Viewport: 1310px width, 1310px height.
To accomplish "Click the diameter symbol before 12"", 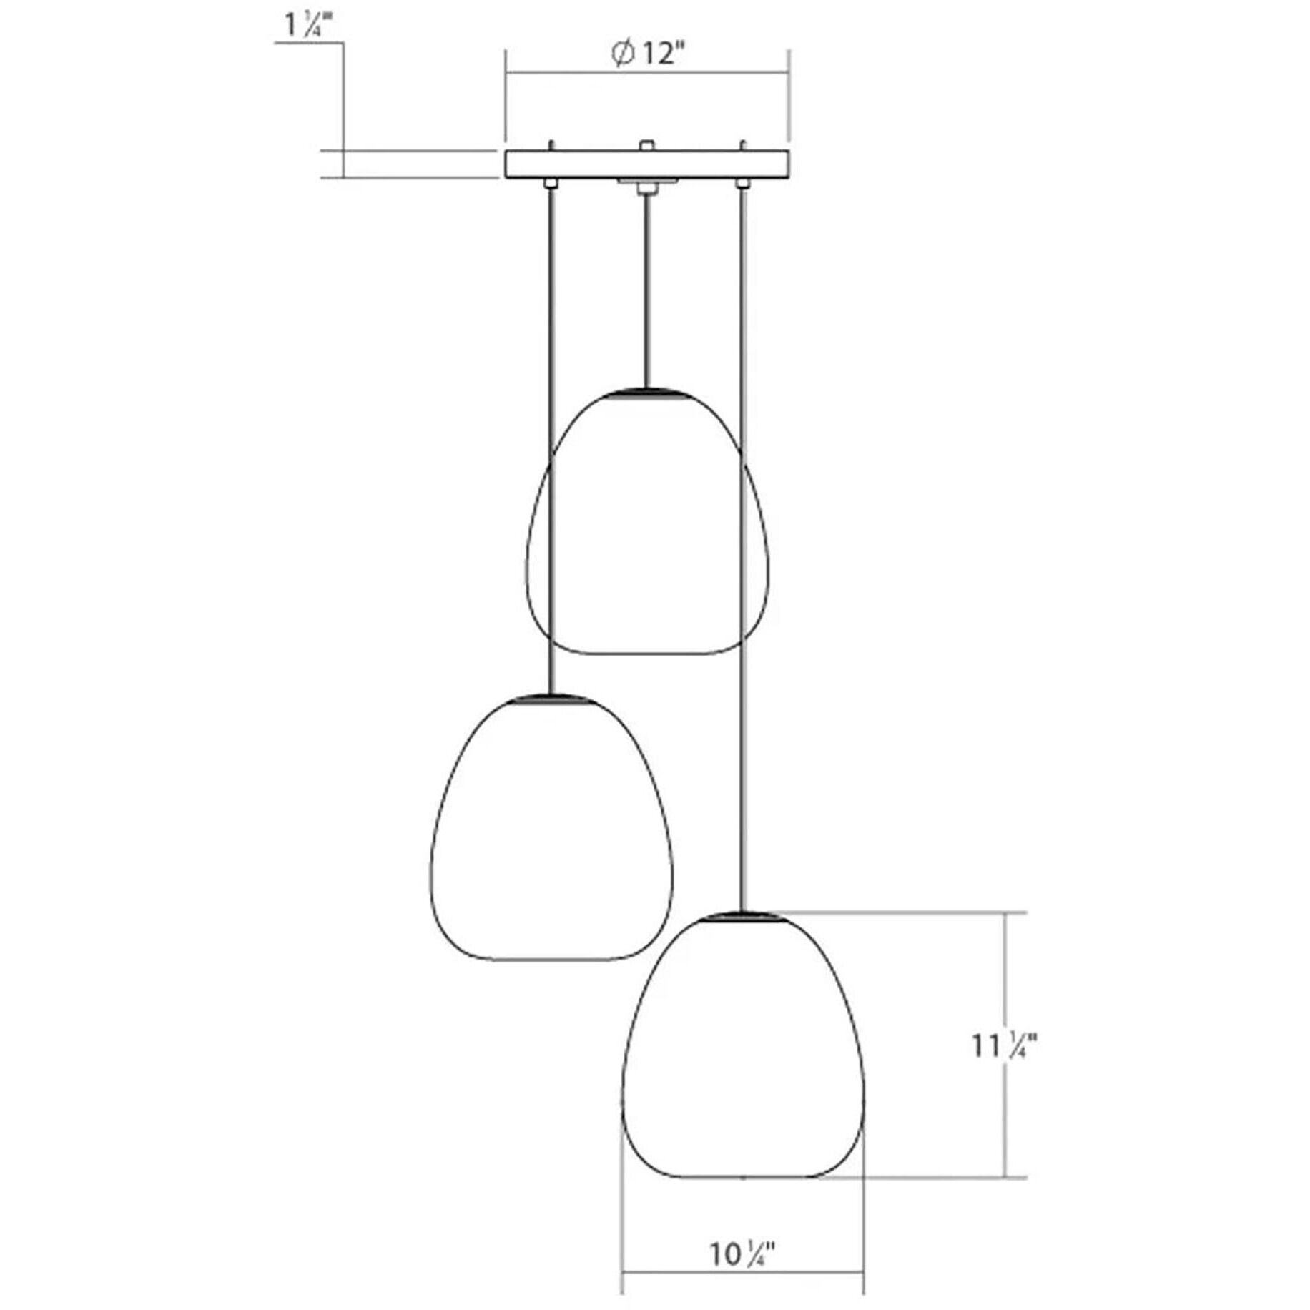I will pos(623,54).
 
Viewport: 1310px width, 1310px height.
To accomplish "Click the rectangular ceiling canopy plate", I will pos(647,164).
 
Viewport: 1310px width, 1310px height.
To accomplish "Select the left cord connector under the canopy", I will pos(550,184).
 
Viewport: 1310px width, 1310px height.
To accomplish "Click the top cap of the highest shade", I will pos(647,392).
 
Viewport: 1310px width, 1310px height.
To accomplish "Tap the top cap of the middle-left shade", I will pos(550,697).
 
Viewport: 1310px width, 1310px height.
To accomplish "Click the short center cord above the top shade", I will pos(647,286).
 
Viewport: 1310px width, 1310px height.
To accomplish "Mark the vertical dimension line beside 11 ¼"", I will pos(1006,987).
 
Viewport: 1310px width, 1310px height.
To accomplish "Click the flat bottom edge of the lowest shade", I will pos(743,1176).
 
